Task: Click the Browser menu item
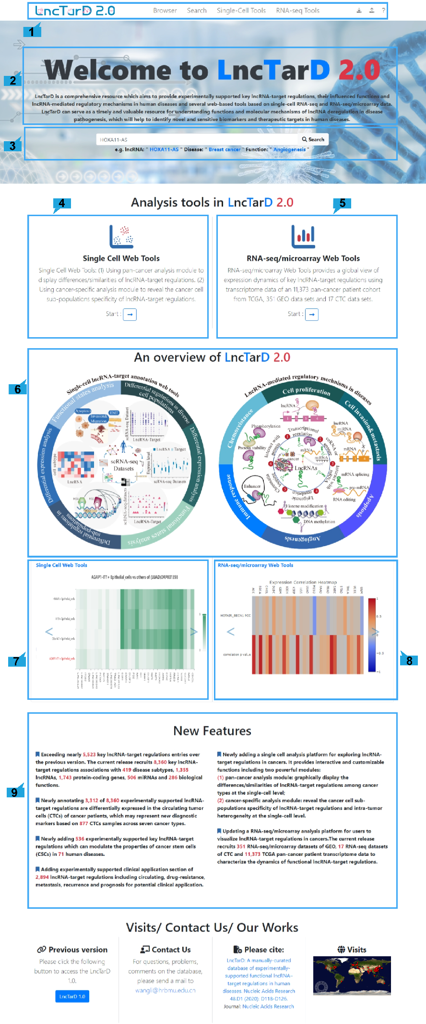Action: (x=165, y=11)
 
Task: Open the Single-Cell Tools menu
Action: (x=241, y=11)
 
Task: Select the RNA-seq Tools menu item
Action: (x=297, y=11)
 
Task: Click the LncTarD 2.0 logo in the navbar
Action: (x=75, y=11)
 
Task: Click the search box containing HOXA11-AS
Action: (x=197, y=140)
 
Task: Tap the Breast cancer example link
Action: (x=224, y=149)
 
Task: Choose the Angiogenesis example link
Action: (x=289, y=149)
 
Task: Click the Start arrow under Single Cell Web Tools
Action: (x=130, y=314)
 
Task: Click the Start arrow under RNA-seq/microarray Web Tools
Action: (x=312, y=314)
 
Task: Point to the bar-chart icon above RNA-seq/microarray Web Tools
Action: (x=303, y=236)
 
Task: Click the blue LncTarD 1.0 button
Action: (x=72, y=997)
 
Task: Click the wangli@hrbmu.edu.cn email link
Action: (x=165, y=990)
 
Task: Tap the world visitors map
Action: (x=352, y=975)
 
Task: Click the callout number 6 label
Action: (x=18, y=389)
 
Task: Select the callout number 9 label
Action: (x=14, y=792)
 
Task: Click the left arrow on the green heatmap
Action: (x=48, y=632)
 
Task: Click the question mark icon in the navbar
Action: (x=383, y=10)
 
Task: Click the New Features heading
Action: (x=212, y=731)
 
